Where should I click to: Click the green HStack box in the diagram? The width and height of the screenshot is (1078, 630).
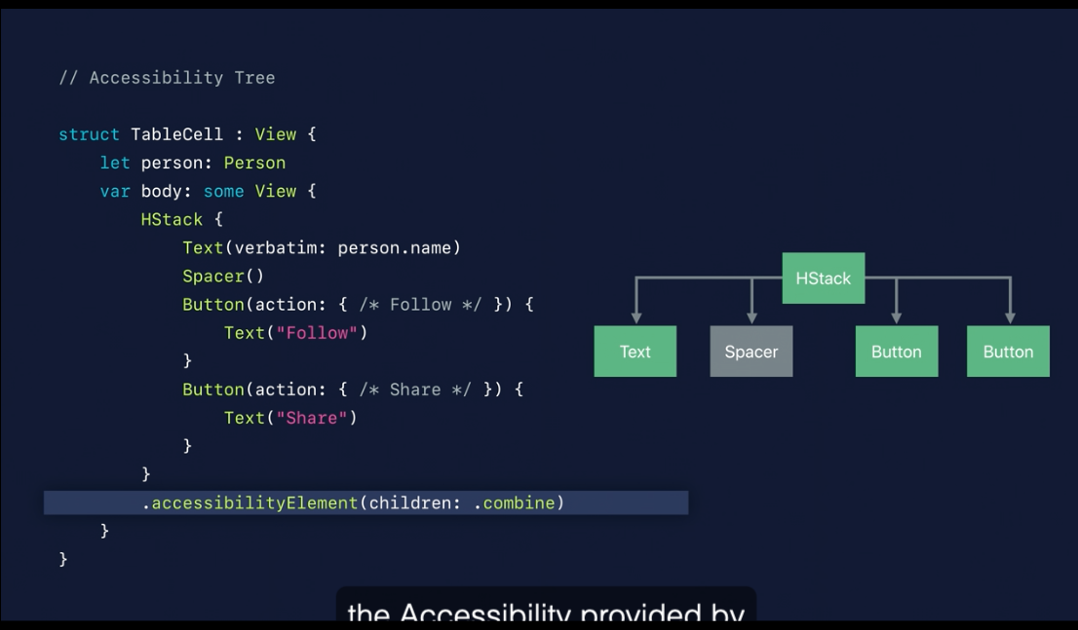tap(823, 278)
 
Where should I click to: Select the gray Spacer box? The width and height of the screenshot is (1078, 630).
tap(751, 352)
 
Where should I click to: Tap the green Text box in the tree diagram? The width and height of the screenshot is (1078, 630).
tap(635, 352)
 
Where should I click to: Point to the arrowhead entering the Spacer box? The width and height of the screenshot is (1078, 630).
tap(751, 317)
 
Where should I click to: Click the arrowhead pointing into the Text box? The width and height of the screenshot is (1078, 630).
tap(635, 317)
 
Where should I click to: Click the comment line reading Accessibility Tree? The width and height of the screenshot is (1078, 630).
tap(167, 78)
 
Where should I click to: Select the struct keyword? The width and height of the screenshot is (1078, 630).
tap(89, 134)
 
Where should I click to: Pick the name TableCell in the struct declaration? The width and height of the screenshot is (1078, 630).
tap(176, 134)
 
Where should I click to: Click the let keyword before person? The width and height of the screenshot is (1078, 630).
tap(115, 163)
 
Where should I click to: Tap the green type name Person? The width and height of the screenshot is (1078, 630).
tap(254, 163)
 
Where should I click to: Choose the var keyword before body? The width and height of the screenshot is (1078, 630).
tap(115, 191)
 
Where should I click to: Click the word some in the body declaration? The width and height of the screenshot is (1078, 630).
tap(224, 191)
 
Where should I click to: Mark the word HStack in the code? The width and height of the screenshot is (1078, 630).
tap(172, 219)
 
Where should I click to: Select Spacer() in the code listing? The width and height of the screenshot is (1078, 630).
tap(223, 277)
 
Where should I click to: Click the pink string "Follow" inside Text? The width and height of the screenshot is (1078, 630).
tap(316, 333)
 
